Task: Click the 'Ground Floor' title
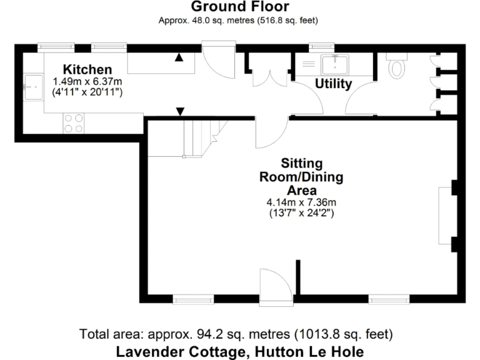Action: click(x=239, y=7)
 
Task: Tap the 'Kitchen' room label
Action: click(x=87, y=69)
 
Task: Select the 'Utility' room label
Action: click(x=332, y=84)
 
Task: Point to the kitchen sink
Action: click(x=32, y=86)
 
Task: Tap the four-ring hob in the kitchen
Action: click(x=73, y=123)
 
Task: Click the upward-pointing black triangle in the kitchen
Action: click(x=179, y=58)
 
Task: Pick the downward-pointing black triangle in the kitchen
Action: click(x=180, y=112)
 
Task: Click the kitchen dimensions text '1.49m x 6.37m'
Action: click(x=87, y=81)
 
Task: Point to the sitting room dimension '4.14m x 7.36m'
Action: click(x=301, y=202)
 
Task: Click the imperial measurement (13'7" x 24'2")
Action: click(x=301, y=213)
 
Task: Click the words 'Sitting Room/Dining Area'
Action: click(x=301, y=177)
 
